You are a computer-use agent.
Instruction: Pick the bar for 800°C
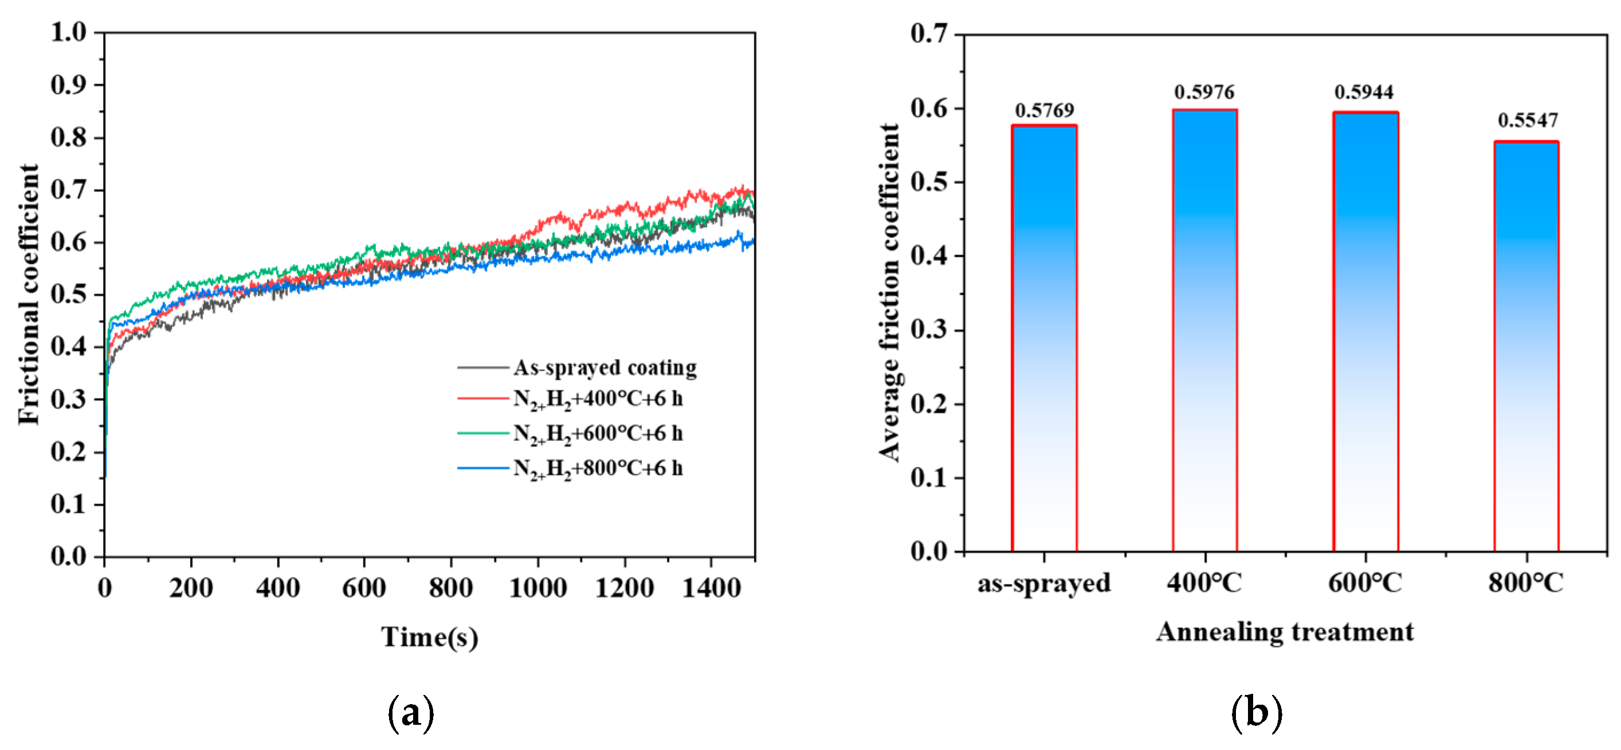click(x=1526, y=346)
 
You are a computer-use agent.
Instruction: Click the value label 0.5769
click(x=1045, y=111)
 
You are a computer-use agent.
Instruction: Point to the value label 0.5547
click(x=1527, y=120)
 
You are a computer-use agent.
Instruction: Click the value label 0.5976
click(x=1204, y=92)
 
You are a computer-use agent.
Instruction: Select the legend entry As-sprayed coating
click(x=605, y=368)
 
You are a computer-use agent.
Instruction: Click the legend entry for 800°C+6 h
click(x=598, y=469)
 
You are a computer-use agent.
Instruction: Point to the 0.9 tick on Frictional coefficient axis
click(x=69, y=85)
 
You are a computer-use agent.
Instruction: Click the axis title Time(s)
click(x=430, y=637)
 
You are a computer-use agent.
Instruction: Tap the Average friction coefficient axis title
click(x=890, y=293)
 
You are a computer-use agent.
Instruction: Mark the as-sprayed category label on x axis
click(x=1044, y=583)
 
